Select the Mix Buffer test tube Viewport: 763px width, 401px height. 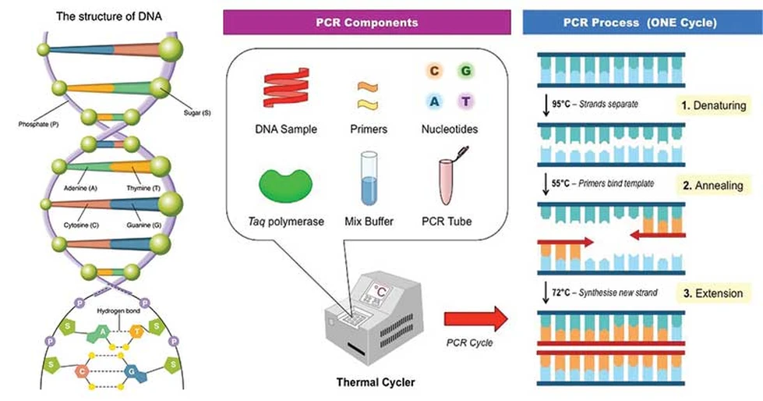pos(367,180)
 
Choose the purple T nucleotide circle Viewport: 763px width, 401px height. pos(465,101)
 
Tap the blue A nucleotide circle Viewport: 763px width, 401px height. pos(433,101)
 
